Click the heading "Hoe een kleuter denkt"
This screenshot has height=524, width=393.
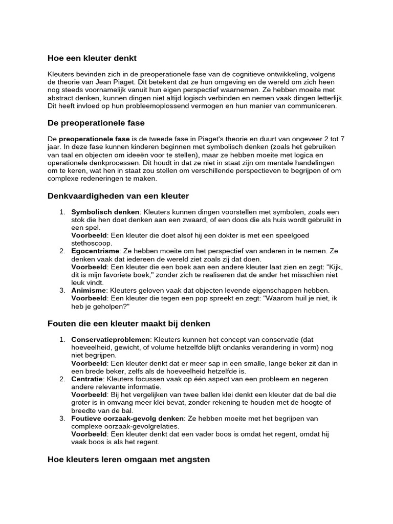click(x=92, y=58)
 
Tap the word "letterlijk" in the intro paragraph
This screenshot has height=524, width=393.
click(x=325, y=98)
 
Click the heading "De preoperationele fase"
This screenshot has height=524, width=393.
click(x=96, y=123)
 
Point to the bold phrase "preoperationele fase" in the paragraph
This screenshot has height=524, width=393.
click(x=94, y=139)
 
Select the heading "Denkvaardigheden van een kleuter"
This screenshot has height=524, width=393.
click(x=118, y=196)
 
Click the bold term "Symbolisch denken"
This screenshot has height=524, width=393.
click(x=105, y=212)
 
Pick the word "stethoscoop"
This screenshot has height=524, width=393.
click(x=92, y=243)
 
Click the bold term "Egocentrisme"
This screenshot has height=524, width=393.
click(x=95, y=251)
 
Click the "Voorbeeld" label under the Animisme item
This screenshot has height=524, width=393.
click(x=89, y=298)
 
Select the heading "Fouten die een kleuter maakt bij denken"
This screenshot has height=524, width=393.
click(x=128, y=324)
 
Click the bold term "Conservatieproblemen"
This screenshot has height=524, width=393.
click(x=111, y=340)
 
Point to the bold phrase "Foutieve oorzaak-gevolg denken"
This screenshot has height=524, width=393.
click(x=127, y=418)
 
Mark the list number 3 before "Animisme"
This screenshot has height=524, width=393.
click(x=61, y=290)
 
